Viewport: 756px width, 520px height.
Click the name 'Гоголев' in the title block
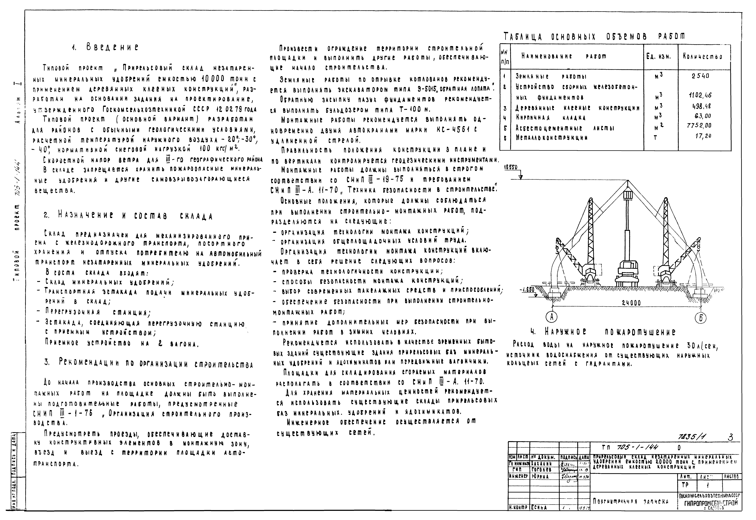click(x=541, y=470)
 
